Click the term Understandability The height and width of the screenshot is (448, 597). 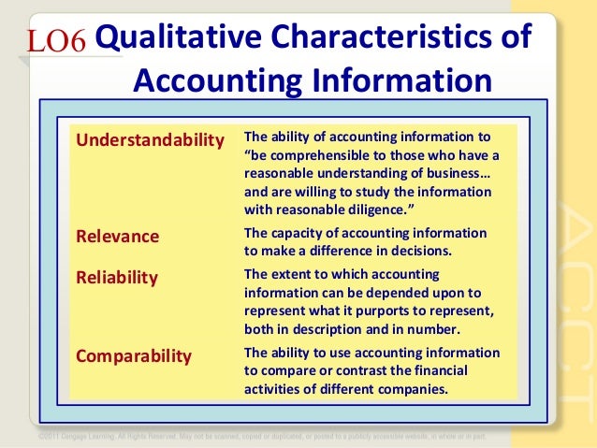coord(150,139)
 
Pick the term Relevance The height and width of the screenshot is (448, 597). coord(117,236)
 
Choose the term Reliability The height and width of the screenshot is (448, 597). coord(117,278)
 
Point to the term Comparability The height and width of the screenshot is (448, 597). coord(134,355)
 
